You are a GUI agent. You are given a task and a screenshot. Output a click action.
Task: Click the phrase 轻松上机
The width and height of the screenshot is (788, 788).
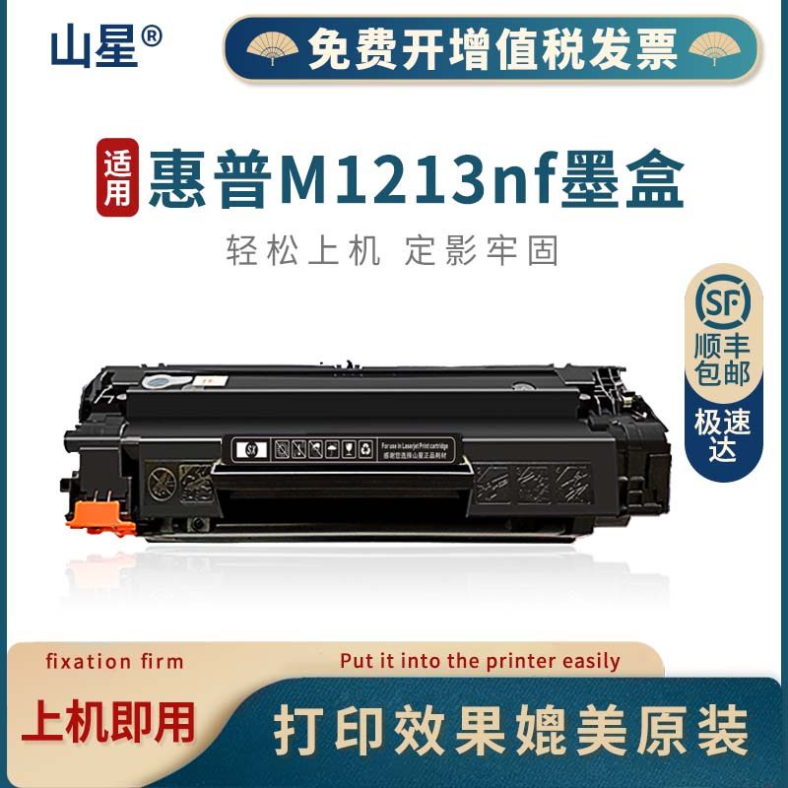[x=302, y=251]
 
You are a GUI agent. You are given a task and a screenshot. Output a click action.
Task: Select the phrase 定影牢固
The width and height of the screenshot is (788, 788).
[x=482, y=251]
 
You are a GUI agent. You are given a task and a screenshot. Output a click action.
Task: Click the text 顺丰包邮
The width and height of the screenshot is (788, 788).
[x=722, y=360]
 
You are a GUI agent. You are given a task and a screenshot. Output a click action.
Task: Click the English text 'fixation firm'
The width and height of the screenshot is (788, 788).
[x=115, y=661]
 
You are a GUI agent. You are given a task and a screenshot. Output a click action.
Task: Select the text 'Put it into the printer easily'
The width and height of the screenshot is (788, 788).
[x=480, y=661]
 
